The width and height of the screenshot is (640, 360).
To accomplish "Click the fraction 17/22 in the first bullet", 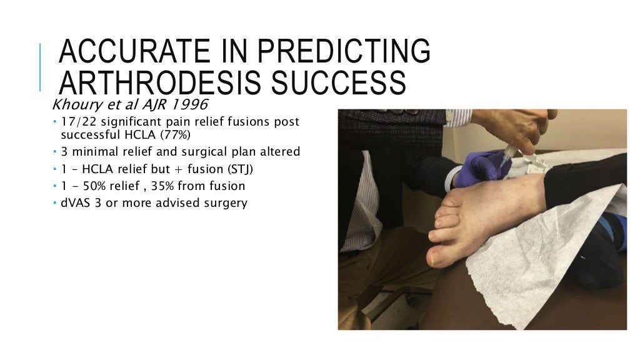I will click(x=77, y=121).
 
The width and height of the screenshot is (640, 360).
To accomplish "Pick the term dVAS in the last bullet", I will click(x=76, y=203).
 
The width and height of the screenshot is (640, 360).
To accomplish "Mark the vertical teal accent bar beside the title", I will click(x=41, y=67).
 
